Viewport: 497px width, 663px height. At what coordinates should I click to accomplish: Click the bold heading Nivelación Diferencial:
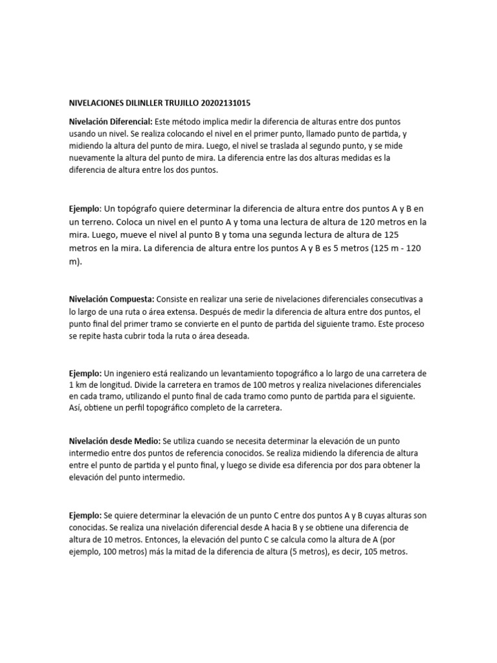tap(110, 122)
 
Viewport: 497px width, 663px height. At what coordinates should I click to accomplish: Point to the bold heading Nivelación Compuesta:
tap(111, 300)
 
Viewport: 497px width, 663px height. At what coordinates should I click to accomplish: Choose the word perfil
tap(139, 409)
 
